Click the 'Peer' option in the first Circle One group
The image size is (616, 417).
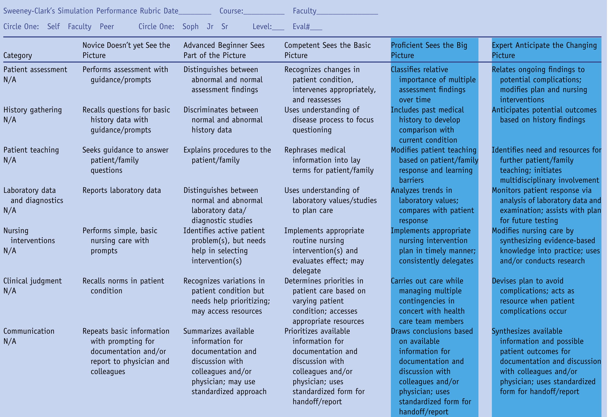[x=107, y=26]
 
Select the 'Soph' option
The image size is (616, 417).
[x=190, y=26]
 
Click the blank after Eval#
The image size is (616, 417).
[x=316, y=28]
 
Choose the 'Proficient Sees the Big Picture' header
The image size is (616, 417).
[x=429, y=50]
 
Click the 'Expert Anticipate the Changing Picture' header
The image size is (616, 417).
[x=544, y=50]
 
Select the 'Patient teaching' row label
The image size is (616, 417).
[x=31, y=150]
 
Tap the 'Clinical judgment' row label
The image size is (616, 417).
[x=32, y=281]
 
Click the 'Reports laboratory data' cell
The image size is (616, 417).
[x=121, y=190]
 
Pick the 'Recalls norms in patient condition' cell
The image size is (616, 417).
[x=123, y=286]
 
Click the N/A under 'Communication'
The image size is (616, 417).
[x=10, y=341]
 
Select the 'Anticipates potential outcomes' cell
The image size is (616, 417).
[x=544, y=115]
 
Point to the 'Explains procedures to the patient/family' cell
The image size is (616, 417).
[x=227, y=155]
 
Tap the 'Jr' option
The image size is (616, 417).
[x=210, y=26]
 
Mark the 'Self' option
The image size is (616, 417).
[x=53, y=26]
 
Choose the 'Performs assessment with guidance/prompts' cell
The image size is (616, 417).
[x=125, y=74]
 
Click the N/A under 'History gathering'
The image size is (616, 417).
[x=10, y=120]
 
